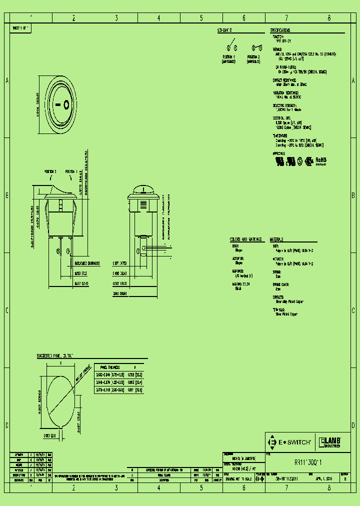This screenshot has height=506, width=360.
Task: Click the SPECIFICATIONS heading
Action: pos(280,30)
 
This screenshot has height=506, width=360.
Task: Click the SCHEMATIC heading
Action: pos(224,30)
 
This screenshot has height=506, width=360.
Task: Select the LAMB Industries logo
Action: pos(329,442)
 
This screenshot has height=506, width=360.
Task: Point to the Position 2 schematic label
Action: pos(253,58)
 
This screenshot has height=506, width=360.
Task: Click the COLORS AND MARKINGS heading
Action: pos(246,239)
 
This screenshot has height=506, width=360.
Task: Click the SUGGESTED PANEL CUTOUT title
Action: pos(55,355)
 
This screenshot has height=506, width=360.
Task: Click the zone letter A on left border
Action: pos(6,80)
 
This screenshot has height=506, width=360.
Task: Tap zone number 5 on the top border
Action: pos(201,18)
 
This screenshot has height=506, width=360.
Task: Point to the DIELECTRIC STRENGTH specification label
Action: pos(284,105)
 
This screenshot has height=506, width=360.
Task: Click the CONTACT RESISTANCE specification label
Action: pos(284,79)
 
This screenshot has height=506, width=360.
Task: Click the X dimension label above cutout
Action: pos(60,363)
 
